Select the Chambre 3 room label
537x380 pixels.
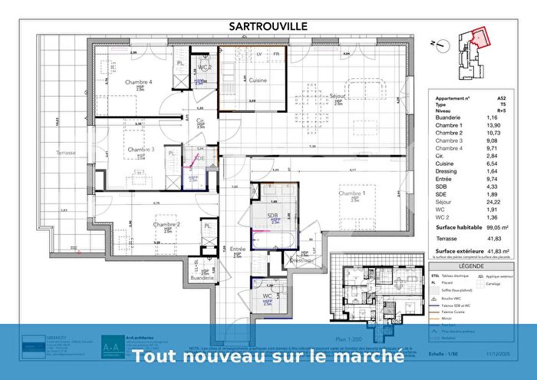point(141,150)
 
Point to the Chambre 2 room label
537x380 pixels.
point(166,225)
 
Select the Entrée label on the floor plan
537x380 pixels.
point(238,249)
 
